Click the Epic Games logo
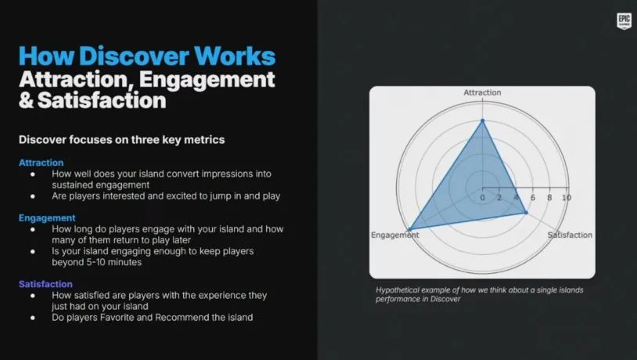[x=624, y=20]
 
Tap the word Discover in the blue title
[x=134, y=56]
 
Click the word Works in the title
[x=235, y=56]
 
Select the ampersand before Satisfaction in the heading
[x=27, y=100]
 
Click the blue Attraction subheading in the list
[x=41, y=163]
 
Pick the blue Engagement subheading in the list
[x=47, y=218]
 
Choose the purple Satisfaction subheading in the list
[x=45, y=284]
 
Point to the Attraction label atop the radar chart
[x=482, y=92]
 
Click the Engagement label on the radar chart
[x=395, y=235]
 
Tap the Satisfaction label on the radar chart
[x=570, y=235]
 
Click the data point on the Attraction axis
[x=483, y=121]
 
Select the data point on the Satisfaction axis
[x=526, y=213]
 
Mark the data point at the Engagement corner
[x=410, y=230]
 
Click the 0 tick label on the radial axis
[x=482, y=197]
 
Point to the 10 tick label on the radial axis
[x=567, y=197]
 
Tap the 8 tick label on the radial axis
[x=549, y=197]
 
